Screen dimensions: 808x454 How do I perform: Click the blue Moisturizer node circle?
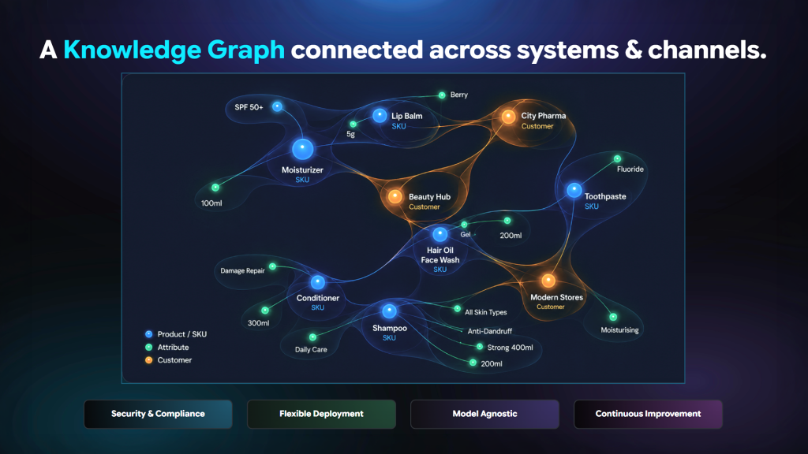(302, 149)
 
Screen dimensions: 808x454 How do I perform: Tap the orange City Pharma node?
(508, 117)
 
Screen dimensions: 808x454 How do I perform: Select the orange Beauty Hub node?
(395, 196)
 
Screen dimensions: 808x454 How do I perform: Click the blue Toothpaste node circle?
(574, 190)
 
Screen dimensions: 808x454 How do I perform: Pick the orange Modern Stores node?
(548, 281)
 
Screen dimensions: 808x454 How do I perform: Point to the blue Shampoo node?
(389, 311)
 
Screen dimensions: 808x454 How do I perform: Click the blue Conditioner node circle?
(317, 281)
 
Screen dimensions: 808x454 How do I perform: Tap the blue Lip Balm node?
(380, 115)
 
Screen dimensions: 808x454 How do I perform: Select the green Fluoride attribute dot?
(617, 158)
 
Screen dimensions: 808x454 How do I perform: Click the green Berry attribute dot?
(442, 95)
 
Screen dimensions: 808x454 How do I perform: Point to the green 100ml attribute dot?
(215, 188)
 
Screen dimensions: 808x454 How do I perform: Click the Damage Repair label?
(242, 271)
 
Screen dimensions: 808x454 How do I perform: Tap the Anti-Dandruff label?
(489, 331)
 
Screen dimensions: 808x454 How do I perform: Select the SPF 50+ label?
(249, 107)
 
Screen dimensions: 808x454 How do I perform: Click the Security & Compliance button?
(158, 414)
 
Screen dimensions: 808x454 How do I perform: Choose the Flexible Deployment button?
(322, 414)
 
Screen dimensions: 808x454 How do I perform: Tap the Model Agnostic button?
(485, 414)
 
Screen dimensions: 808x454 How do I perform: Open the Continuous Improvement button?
(649, 414)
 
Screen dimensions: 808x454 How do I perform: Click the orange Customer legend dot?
(148, 360)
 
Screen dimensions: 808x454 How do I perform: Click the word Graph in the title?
(246, 50)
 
